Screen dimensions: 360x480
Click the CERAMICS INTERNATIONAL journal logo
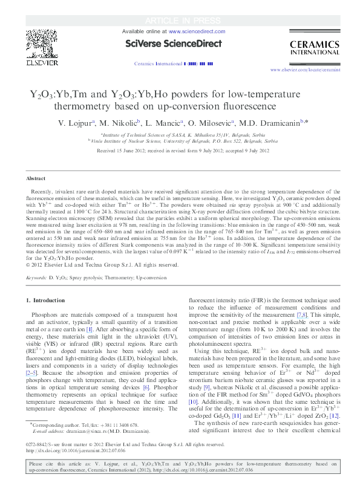click(311, 47)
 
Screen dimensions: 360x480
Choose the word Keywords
click(36, 277)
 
